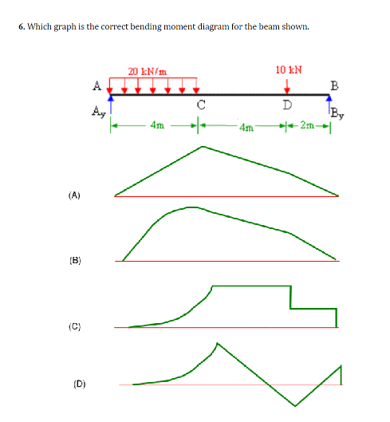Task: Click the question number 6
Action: tap(21, 26)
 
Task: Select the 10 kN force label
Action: tap(287, 69)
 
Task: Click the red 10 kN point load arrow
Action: tap(287, 84)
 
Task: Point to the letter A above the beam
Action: tap(97, 84)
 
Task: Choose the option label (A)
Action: tap(74, 194)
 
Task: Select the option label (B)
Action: tap(74, 260)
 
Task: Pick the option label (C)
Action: tap(74, 326)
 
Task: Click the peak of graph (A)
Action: tap(203, 147)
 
